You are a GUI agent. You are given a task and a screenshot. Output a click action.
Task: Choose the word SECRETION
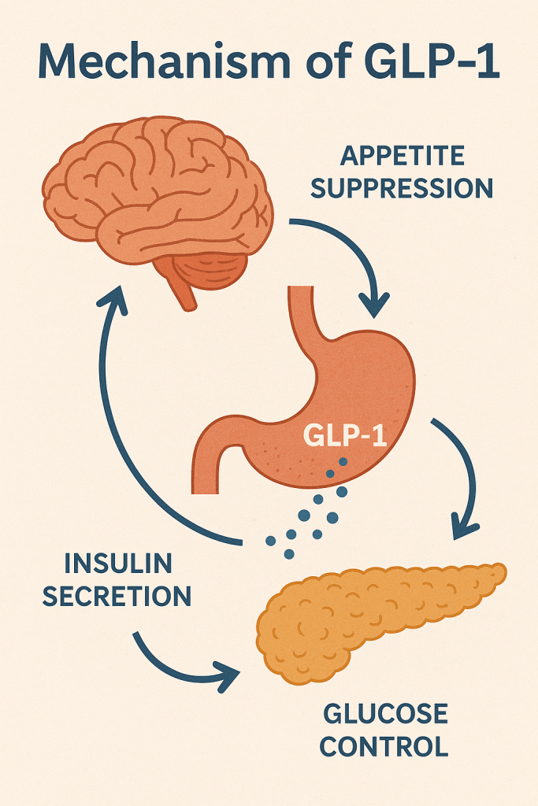pos(117,596)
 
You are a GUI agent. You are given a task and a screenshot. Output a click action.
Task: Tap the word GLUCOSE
pos(385,715)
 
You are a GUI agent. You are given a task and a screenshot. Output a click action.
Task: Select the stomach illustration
pos(347,394)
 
